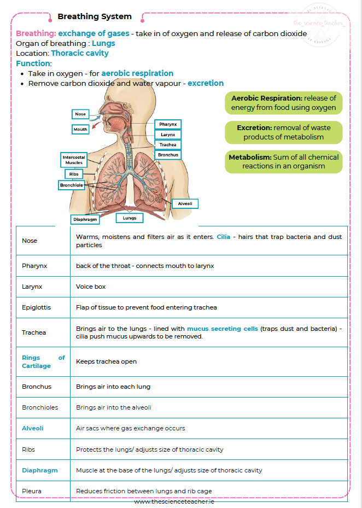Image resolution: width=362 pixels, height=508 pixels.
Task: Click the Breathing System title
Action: [95, 17]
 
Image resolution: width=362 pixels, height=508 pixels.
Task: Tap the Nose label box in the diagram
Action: [80, 114]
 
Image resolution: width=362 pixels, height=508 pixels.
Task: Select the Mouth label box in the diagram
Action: [80, 130]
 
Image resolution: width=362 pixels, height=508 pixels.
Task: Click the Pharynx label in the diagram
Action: [167, 125]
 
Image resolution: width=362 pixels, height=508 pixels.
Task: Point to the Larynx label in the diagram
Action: [167, 135]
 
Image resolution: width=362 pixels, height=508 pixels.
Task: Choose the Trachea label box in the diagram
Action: [167, 145]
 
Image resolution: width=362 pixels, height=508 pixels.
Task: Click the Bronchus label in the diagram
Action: [167, 155]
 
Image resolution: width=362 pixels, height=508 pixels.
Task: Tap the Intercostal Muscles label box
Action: [74, 160]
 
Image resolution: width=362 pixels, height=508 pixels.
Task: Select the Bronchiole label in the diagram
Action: [72, 185]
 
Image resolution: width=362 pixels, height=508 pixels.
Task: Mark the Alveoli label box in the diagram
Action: [185, 203]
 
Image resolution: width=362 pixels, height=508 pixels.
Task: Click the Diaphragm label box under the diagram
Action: [85, 219]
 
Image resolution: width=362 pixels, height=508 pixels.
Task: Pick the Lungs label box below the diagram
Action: [130, 218]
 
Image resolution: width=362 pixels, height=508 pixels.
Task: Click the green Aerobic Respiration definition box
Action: [283, 103]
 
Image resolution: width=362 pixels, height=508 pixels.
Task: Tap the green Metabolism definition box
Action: [283, 161]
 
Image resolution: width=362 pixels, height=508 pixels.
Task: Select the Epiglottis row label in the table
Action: [36, 307]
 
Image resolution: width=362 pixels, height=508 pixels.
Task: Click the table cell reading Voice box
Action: [91, 287]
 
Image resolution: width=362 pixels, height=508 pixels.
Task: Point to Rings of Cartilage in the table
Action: [43, 361]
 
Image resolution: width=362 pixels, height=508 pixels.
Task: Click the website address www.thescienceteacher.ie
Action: [180, 501]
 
